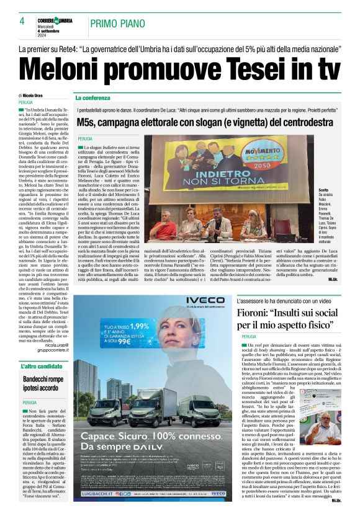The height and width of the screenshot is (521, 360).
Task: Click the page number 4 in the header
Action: [22, 22]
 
